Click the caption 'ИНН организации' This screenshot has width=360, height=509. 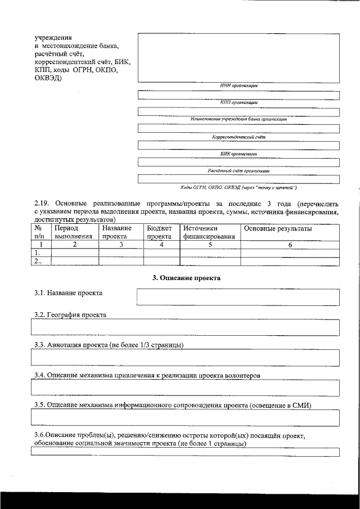click(x=238, y=85)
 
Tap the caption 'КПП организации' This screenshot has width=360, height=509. click(x=238, y=102)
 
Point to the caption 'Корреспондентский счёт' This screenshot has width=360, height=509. click(x=238, y=137)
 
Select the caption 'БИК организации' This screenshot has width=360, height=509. click(x=238, y=154)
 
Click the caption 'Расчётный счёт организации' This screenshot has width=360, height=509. click(x=238, y=170)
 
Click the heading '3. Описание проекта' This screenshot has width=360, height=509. click(x=187, y=278)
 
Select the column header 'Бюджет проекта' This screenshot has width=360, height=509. click(x=159, y=233)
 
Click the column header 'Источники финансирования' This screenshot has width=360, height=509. click(x=208, y=233)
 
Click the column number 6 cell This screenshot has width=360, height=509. click(x=290, y=245)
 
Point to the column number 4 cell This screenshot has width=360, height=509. click(x=161, y=245)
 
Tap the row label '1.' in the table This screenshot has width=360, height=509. click(x=38, y=253)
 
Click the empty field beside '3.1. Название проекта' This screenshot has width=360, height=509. click(x=238, y=296)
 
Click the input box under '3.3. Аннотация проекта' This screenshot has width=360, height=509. click(x=186, y=357)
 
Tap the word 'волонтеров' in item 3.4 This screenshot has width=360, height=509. click(x=241, y=374)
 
